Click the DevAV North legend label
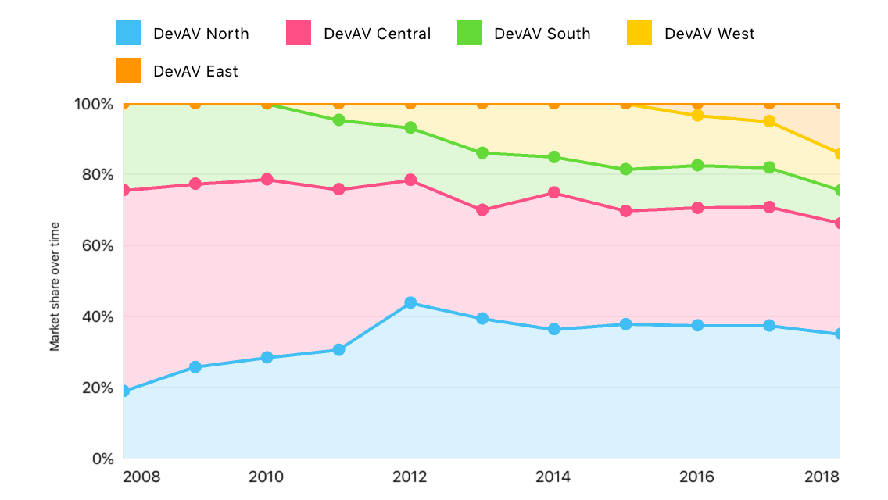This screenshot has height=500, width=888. tap(201, 34)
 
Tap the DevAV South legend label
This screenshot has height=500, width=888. tap(542, 34)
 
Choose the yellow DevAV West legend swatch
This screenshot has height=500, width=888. tap(639, 33)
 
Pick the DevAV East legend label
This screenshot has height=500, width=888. tap(195, 71)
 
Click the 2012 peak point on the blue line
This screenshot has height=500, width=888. tap(410, 302)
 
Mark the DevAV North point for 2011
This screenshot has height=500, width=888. tap(338, 349)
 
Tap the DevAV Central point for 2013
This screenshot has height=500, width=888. tap(482, 209)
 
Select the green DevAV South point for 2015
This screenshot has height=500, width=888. tap(625, 169)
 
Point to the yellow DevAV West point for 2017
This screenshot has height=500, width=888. tap(769, 121)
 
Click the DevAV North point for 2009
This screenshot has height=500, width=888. tap(195, 366)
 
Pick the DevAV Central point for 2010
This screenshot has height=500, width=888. tap(267, 179)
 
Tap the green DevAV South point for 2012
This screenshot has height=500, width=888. tap(410, 127)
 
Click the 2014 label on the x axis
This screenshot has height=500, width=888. tap(553, 477)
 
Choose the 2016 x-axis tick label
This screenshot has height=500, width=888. tap(697, 477)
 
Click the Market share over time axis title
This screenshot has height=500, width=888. tap(55, 287)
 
